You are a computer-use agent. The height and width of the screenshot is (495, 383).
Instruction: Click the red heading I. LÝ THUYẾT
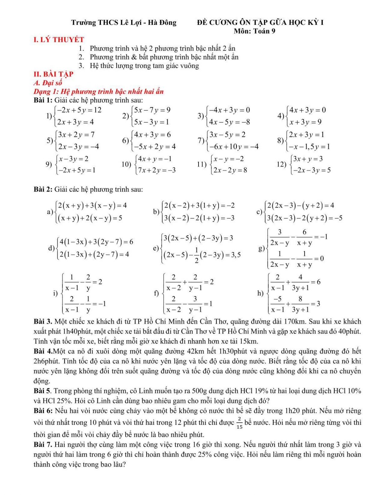[59, 40]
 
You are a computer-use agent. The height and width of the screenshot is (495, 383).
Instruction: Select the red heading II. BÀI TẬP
[53, 74]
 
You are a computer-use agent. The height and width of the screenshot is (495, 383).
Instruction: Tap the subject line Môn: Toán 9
[254, 31]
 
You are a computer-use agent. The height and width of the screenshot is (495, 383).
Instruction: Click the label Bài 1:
[43, 100]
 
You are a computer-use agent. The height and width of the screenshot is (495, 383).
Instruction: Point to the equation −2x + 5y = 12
[79, 110]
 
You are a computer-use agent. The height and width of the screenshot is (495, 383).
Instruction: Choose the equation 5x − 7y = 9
[152, 110]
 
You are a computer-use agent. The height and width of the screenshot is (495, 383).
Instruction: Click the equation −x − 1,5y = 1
[309, 147]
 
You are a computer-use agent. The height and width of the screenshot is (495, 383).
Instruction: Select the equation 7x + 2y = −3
[157, 170]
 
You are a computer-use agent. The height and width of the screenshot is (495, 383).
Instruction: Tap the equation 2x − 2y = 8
[230, 170]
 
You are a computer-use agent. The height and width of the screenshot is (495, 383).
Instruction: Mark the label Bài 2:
[43, 189]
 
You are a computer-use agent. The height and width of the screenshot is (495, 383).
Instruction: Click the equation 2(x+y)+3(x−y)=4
[92, 205]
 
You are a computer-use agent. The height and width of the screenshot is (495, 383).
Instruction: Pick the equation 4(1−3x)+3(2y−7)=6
[96, 242]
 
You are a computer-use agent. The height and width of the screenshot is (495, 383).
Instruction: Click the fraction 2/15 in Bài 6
[239, 423]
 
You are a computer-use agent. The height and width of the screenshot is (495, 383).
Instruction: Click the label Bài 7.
[43, 445]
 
